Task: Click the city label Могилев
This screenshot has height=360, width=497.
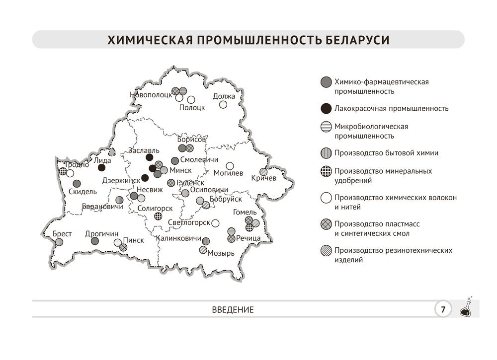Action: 229,173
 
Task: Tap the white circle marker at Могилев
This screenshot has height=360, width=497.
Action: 230,166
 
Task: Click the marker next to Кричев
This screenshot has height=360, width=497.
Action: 263,172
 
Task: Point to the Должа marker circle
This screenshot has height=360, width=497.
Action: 224,105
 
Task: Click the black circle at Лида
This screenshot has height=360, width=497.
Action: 102,168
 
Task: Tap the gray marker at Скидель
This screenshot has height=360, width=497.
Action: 77,183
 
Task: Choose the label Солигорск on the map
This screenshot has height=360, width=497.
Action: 155,209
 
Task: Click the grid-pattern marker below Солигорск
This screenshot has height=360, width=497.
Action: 158,216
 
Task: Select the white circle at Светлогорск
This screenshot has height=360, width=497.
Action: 215,223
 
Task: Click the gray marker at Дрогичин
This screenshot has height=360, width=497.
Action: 95,241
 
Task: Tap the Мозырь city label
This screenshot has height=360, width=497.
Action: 221,253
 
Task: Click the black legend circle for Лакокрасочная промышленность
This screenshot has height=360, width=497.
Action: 326,108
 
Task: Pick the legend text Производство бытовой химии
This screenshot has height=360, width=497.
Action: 386,153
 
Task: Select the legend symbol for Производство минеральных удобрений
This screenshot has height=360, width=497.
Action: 326,171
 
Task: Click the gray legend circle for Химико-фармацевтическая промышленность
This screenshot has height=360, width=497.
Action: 326,81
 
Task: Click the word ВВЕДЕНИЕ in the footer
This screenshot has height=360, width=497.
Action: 233,310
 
